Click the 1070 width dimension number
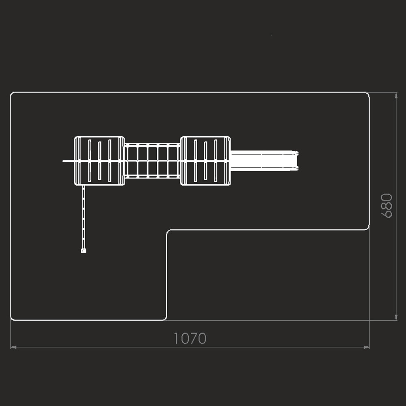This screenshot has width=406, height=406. tap(190, 338)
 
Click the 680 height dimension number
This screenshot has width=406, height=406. tap(387, 205)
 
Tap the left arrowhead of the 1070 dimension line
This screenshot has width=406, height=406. tap(13, 347)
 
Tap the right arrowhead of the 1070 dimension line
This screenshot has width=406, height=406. tap(366, 347)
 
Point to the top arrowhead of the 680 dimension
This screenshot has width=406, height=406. tap(396, 95)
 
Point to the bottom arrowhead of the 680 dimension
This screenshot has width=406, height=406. tap(396, 317)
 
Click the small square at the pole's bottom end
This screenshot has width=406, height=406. tap(83, 251)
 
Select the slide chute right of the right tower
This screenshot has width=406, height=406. tap(264, 161)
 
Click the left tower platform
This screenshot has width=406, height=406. tap(99, 161)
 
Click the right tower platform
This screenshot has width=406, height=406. tap(205, 161)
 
